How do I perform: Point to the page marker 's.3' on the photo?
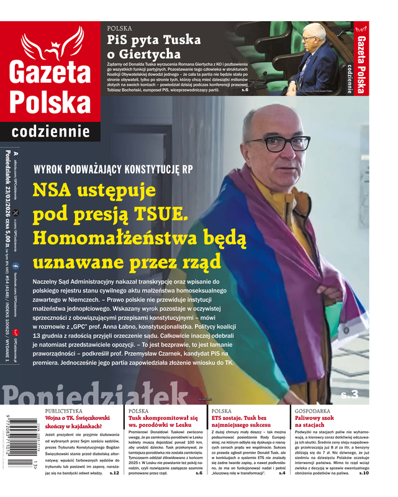350,394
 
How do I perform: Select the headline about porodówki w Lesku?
163,422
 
